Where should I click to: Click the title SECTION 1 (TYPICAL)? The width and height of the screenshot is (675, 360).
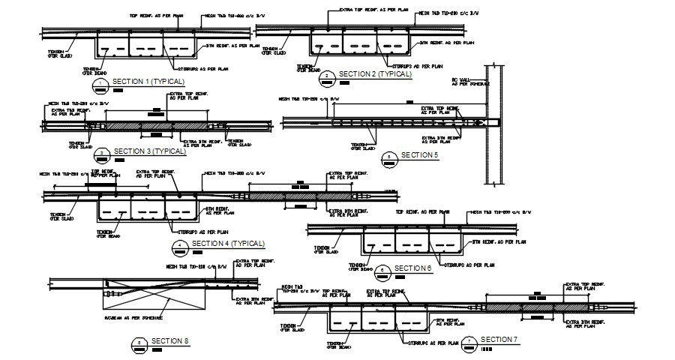pyautogui.click(x=142, y=81)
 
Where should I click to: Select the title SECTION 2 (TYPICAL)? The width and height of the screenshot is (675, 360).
pyautogui.click(x=375, y=74)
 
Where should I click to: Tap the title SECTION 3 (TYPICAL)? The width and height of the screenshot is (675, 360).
pyautogui.click(x=149, y=151)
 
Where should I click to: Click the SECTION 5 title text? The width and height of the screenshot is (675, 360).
pyautogui.click(x=420, y=155)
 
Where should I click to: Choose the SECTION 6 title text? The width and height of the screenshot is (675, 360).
pyautogui.click(x=412, y=268)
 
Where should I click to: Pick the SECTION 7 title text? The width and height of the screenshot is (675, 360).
pyautogui.click(x=499, y=340)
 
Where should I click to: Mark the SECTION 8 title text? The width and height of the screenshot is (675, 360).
pyautogui.click(x=170, y=342)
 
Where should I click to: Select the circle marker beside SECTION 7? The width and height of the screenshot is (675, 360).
pyautogui.click(x=469, y=342)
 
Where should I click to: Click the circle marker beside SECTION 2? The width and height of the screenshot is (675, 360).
pyautogui.click(x=327, y=76)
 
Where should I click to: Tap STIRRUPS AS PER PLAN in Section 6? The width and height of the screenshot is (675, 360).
pyautogui.click(x=469, y=265)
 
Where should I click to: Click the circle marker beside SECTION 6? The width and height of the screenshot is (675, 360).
pyautogui.click(x=382, y=270)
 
